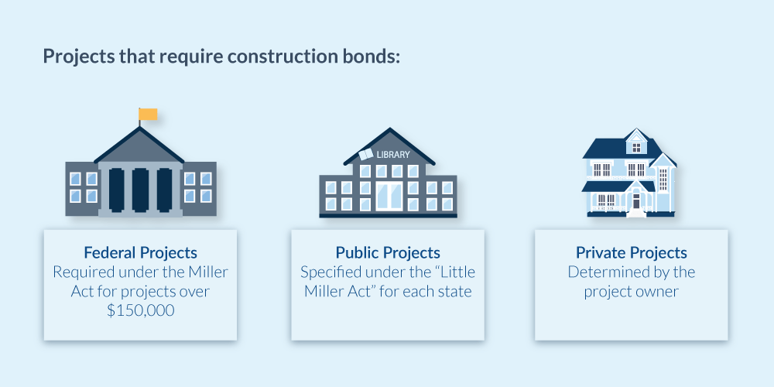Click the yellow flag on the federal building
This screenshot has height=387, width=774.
(x=148, y=115)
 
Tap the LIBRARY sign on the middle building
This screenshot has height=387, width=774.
(x=392, y=155)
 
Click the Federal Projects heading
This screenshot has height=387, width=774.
(x=140, y=253)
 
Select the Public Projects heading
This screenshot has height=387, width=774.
(x=388, y=253)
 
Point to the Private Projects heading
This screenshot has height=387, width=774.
(x=632, y=253)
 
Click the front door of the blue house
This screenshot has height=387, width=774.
(x=635, y=202)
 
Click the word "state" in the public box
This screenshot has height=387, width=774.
(x=450, y=292)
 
